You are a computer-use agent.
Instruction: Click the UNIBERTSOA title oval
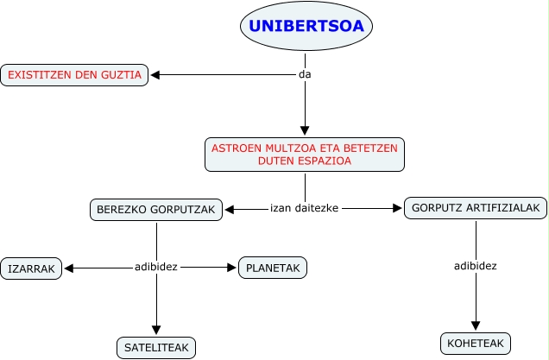306,27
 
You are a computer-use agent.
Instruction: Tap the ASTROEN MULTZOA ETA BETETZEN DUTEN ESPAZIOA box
305,155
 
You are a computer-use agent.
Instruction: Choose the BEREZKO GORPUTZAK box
156,209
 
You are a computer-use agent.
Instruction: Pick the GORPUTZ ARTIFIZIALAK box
476,209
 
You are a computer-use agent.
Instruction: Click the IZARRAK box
32,269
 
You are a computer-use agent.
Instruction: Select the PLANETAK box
273,268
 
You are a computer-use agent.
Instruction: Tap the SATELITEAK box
156,347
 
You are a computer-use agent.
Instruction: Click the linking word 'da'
304,74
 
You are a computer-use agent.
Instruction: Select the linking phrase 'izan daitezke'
304,208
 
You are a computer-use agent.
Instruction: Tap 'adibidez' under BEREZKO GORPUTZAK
156,267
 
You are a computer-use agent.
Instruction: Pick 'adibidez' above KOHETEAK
476,265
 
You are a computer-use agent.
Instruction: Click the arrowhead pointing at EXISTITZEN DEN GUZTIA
156,75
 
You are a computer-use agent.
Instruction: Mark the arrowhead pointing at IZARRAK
70,268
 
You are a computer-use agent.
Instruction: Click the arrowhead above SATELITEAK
156,330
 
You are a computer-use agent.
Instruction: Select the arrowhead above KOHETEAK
476,325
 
